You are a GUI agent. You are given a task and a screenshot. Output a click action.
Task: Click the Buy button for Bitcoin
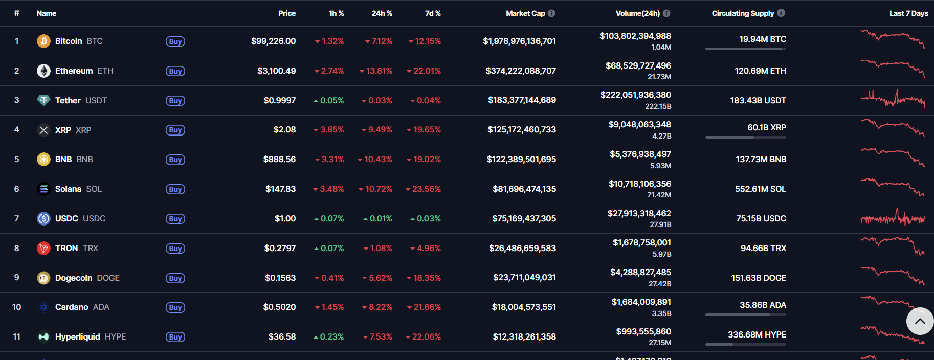tap(175, 41)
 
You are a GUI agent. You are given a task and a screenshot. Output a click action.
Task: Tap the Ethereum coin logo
tap(43, 71)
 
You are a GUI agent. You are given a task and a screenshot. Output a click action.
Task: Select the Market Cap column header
tap(525, 13)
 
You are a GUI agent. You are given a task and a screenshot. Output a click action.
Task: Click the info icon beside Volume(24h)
tap(666, 13)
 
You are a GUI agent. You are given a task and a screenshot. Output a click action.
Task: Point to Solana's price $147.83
tap(280, 189)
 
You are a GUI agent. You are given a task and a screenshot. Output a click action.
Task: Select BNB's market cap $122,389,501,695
tap(521, 160)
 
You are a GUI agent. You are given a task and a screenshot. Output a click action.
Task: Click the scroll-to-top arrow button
tap(920, 321)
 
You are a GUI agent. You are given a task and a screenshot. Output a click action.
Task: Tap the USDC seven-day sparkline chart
tap(893, 218)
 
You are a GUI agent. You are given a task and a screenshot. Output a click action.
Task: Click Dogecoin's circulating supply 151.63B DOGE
tap(758, 278)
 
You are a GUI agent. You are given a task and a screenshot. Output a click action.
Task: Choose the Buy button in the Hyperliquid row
tap(175, 337)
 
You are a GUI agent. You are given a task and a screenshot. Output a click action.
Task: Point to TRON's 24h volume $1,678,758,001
tap(641, 243)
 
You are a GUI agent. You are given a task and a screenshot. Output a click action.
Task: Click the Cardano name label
tap(72, 307)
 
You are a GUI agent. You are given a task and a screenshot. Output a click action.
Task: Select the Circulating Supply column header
tap(743, 13)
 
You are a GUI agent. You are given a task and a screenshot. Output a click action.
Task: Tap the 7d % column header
tap(433, 13)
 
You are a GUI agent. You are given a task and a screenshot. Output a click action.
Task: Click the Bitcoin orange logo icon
tap(43, 41)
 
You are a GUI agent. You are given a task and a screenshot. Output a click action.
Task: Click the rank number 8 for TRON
tap(17, 249)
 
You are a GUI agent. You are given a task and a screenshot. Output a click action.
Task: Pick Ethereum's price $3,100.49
tap(276, 71)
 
